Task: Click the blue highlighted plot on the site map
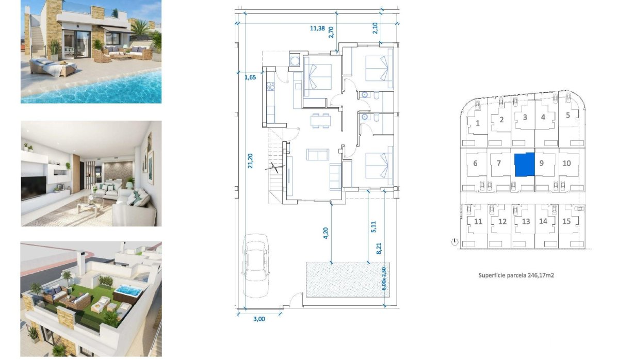click(x=525, y=166)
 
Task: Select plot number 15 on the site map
click(x=566, y=222)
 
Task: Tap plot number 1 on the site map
click(x=478, y=123)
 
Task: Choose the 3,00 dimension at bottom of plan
click(x=259, y=319)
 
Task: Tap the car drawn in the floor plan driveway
click(x=255, y=264)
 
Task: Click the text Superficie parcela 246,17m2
click(x=516, y=275)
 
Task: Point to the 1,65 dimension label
click(x=250, y=78)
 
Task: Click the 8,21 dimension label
click(x=379, y=247)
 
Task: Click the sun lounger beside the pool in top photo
click(x=52, y=67)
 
